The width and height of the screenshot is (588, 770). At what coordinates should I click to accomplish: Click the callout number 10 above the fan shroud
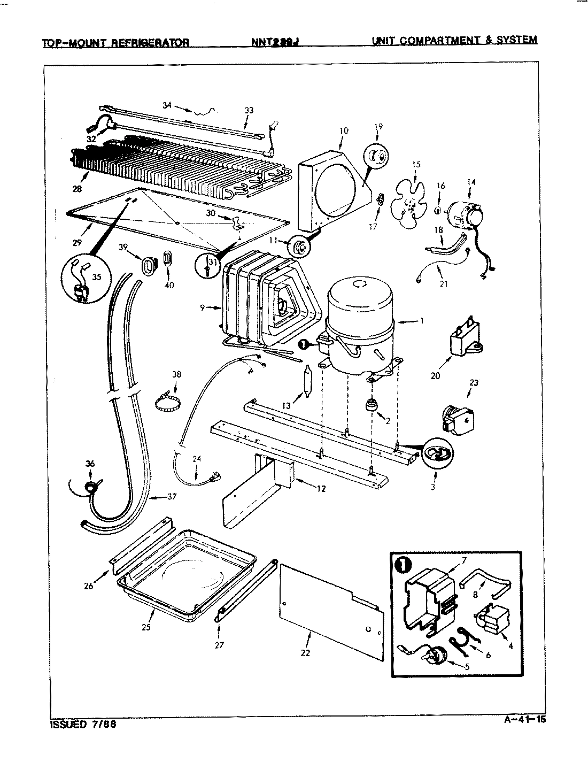[343, 130]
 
